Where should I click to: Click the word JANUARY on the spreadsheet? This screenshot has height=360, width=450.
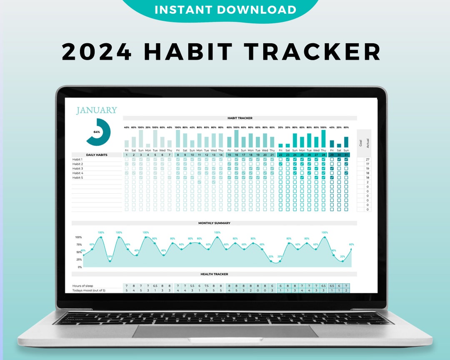(96, 110)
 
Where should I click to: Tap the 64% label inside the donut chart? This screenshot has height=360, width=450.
(97, 132)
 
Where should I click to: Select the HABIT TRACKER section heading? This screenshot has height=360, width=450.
(240, 118)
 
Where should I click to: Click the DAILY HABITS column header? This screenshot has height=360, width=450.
(97, 155)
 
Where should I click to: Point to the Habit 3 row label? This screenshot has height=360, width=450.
(77, 168)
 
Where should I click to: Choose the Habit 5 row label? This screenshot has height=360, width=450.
(77, 177)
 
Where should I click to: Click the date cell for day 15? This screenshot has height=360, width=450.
(229, 155)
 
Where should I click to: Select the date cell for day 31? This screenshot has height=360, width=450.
(346, 155)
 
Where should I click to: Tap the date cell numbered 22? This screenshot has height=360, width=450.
(280, 155)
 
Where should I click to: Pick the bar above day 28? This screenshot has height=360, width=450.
(323, 139)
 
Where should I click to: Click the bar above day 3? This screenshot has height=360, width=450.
(141, 139)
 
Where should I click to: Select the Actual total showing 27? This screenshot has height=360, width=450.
(367, 160)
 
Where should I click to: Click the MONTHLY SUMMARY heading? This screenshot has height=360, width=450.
(214, 223)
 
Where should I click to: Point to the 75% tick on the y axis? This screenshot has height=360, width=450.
(78, 245)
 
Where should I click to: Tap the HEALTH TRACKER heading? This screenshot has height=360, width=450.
(214, 274)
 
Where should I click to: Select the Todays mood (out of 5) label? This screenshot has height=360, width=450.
(88, 290)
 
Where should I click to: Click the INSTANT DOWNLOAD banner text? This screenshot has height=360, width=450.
(225, 10)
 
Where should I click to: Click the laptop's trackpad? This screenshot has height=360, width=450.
(225, 331)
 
